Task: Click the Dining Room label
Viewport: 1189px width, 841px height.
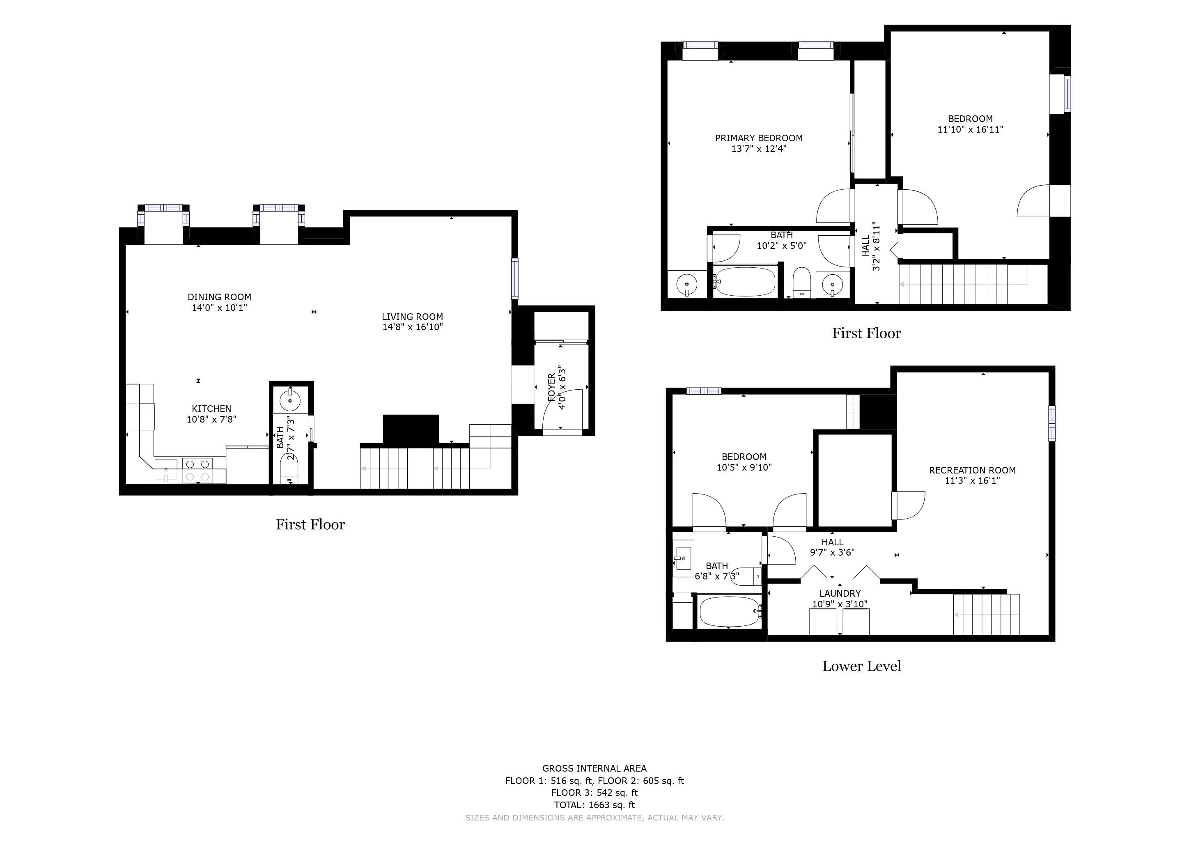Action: pyautogui.click(x=219, y=297)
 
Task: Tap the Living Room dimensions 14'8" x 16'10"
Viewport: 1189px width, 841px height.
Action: pyautogui.click(x=413, y=327)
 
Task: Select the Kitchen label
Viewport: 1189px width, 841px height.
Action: pyautogui.click(x=211, y=409)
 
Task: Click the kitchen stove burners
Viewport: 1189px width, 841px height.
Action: pyautogui.click(x=198, y=470)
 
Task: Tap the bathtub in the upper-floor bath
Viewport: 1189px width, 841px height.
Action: pyautogui.click(x=745, y=282)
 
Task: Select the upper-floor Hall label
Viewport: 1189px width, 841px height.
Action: pyautogui.click(x=866, y=246)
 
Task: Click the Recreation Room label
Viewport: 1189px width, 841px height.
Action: pyautogui.click(x=972, y=470)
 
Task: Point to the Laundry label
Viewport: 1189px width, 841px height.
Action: pyautogui.click(x=840, y=593)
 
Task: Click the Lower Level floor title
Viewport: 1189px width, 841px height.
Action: pyautogui.click(x=862, y=666)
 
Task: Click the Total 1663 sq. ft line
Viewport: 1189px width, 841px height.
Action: pyautogui.click(x=594, y=805)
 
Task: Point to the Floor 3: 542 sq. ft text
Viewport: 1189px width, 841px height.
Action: pyautogui.click(x=594, y=793)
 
